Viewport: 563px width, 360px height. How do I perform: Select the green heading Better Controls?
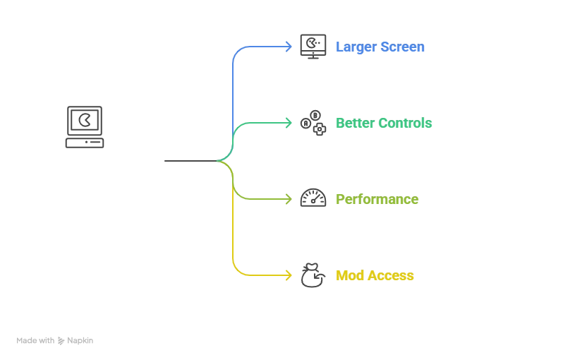coord(383,123)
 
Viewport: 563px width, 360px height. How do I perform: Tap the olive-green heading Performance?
coord(377,199)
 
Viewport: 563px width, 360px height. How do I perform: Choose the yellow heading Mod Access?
coord(375,275)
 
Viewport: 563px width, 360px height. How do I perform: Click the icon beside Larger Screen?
coord(313,47)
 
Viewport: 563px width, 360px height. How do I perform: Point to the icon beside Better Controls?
coord(313,123)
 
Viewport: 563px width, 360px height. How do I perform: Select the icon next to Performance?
coord(313,199)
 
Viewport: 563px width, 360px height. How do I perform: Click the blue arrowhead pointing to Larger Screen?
coord(287,47)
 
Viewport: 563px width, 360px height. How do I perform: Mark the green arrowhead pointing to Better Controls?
coord(287,123)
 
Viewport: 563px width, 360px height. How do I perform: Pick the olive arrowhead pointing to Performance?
coord(287,199)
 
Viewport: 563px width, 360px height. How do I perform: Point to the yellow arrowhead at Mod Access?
coord(287,275)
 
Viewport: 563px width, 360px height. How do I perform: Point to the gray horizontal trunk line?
coord(190,162)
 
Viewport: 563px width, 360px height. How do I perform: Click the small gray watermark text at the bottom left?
coord(55,339)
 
